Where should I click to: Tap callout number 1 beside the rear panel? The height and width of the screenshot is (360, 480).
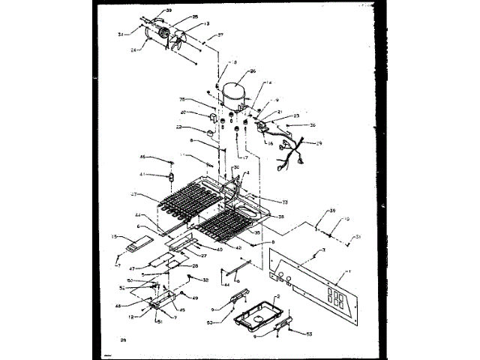tap(347, 270)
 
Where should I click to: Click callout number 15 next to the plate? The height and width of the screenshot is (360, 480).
tap(115, 237)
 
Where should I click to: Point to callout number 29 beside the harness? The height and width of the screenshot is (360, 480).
tap(319, 143)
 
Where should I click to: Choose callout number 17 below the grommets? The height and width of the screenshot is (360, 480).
tap(244, 157)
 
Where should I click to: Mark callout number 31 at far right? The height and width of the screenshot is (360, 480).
tap(358, 237)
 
